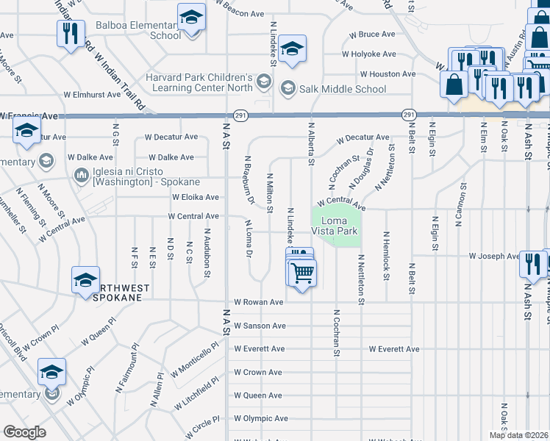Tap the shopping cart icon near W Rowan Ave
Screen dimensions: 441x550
point(302,273)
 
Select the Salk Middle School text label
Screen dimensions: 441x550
point(343,90)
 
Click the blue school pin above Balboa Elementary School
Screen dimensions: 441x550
point(191,17)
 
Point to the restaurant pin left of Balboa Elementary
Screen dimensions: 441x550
point(71,33)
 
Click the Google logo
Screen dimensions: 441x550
point(24,432)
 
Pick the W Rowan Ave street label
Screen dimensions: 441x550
point(258,302)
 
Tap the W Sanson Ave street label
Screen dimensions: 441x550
point(260,326)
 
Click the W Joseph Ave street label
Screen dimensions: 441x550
point(494,257)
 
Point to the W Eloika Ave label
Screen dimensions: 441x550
point(195,197)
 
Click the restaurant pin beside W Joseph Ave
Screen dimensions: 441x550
point(532,263)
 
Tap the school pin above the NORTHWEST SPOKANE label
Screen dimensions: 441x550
point(85,280)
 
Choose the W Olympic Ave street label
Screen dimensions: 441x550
point(260,418)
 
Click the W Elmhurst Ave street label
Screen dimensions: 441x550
point(92,95)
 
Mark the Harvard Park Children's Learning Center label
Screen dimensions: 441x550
point(202,83)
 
